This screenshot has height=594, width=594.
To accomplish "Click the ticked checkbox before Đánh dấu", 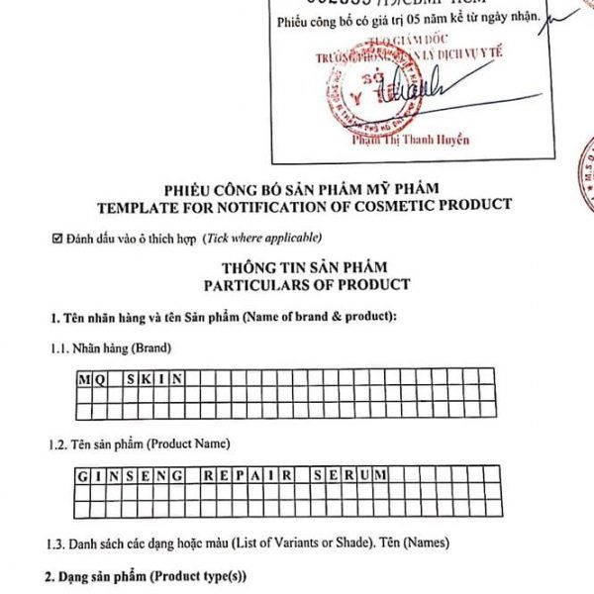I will pyautogui.click(x=56, y=239).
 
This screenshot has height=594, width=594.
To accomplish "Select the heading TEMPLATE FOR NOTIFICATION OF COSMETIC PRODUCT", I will pyautogui.click(x=305, y=205).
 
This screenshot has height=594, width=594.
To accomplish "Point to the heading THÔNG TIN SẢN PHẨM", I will pyautogui.click(x=305, y=267).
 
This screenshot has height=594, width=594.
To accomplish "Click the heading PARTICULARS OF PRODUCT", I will pyautogui.click(x=306, y=284).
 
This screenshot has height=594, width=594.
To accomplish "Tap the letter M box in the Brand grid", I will pyautogui.click(x=84, y=377).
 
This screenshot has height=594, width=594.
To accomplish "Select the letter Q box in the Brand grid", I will pyautogui.click(x=100, y=377).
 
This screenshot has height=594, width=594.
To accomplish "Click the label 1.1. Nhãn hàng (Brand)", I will pyautogui.click(x=111, y=348).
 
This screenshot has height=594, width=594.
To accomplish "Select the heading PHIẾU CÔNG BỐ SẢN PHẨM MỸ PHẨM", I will pyautogui.click(x=305, y=189).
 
